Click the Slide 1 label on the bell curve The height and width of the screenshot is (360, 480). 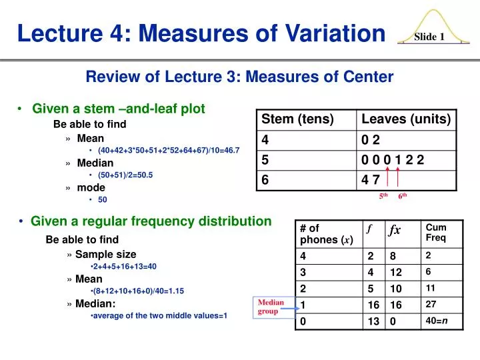click(x=429, y=37)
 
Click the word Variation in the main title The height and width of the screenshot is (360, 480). click(x=327, y=31)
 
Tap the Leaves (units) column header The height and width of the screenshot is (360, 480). click(x=406, y=119)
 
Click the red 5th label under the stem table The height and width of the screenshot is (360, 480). click(x=383, y=197)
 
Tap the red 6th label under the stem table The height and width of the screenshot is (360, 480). click(x=403, y=197)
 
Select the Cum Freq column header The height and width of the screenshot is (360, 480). click(x=436, y=233)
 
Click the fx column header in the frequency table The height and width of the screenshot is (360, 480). click(x=395, y=230)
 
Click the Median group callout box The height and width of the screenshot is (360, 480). click(x=271, y=307)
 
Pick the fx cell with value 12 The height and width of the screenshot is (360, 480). click(x=396, y=272)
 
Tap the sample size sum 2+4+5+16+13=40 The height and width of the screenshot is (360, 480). click(x=125, y=266)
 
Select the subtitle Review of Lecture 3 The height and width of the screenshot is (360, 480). click(x=239, y=77)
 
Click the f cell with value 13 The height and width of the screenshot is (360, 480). click(x=373, y=321)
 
